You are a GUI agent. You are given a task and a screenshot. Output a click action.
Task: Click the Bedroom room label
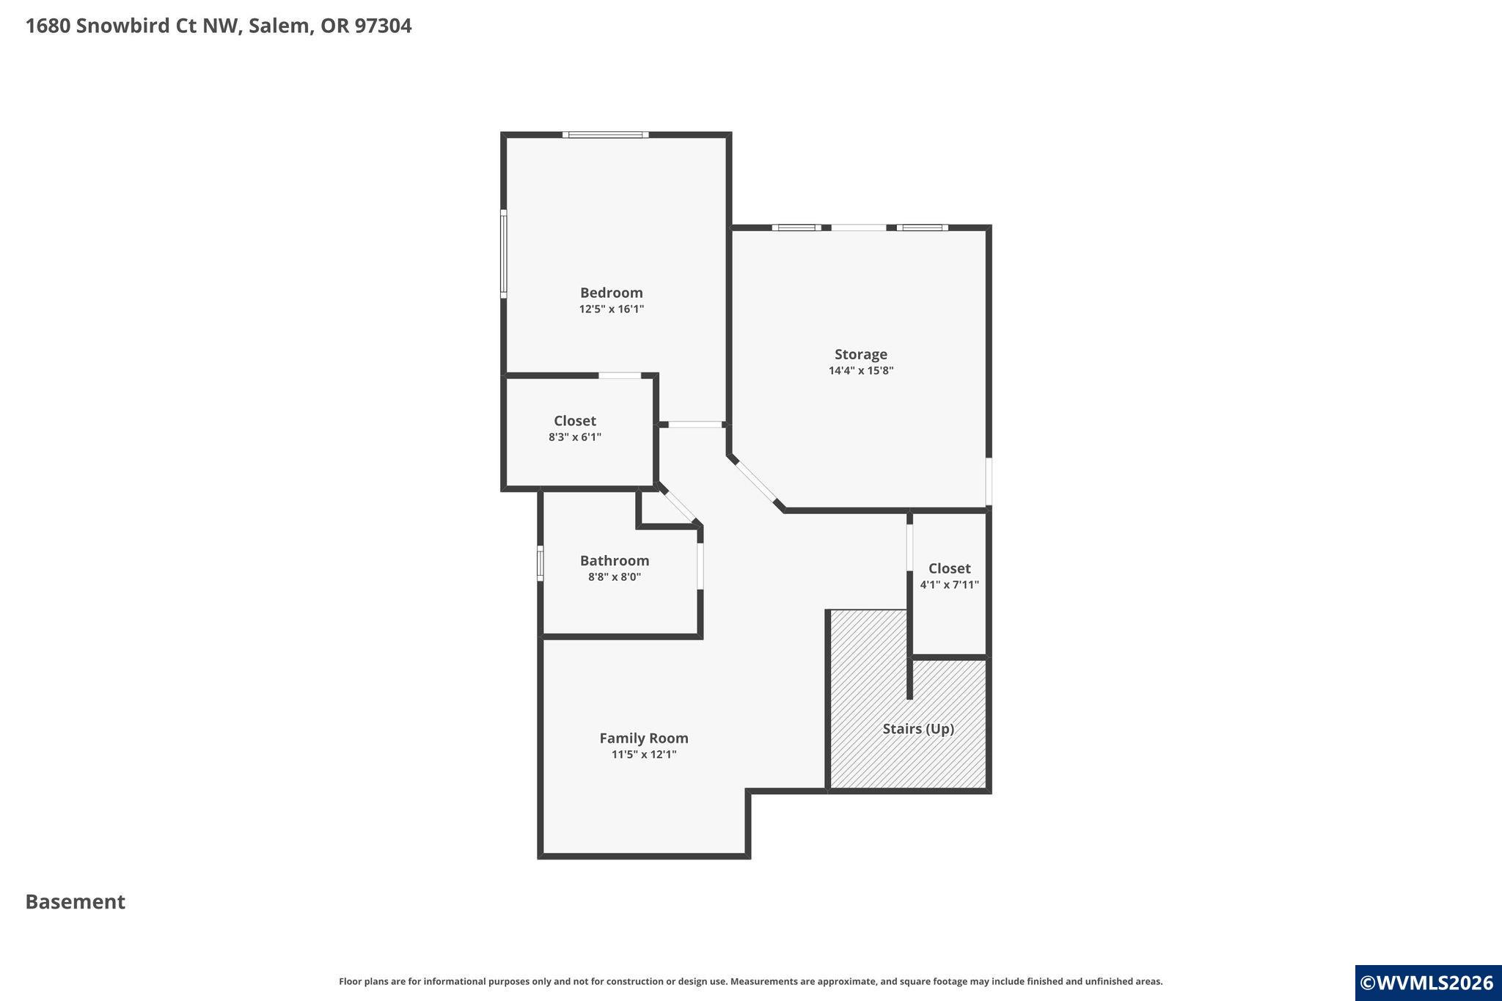point(611,293)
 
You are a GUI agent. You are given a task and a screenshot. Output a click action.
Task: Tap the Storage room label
point(860,354)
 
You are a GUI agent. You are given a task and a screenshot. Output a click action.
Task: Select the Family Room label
point(644,738)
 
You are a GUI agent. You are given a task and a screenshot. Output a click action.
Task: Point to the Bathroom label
point(615,561)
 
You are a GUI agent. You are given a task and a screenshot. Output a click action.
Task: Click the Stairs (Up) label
point(918,729)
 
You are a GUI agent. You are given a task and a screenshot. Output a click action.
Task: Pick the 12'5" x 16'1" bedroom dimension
point(612,309)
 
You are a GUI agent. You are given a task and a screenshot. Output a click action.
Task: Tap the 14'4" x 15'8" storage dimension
point(861,371)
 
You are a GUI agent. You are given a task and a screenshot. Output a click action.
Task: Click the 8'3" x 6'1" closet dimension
point(575,438)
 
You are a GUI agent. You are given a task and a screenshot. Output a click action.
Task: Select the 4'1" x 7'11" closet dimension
point(950,585)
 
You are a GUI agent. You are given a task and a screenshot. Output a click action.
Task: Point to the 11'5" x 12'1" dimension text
point(644,755)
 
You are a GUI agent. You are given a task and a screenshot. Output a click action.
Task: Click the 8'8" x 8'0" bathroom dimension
point(615,577)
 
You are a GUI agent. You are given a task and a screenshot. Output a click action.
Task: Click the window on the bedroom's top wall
point(606,135)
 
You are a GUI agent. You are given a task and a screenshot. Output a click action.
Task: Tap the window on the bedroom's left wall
point(504,254)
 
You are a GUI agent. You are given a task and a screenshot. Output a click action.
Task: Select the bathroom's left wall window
point(541,564)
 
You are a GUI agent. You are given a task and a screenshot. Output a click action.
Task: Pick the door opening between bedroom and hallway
point(695,425)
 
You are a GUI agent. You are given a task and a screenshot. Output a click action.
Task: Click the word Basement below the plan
point(76,902)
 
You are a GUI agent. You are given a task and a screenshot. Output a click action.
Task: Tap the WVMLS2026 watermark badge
point(1428,983)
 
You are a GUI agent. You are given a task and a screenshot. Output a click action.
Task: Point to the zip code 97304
point(383,26)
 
